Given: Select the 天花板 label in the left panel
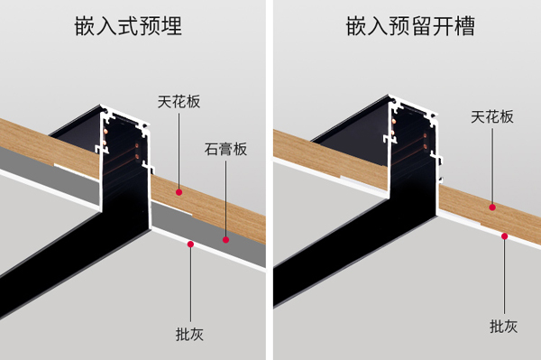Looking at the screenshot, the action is coord(178,102).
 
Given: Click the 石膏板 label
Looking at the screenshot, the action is coord(225,148).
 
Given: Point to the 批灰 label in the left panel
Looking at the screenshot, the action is coord(189,334).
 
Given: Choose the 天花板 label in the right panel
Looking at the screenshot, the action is coord(492,116).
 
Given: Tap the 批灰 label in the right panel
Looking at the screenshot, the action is coord(504,326).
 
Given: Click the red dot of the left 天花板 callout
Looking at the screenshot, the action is coord(179,191).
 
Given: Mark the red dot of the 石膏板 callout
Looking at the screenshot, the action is coord(225,240).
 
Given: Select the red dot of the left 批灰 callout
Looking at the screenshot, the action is coord(189,245).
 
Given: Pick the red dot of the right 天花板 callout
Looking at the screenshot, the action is coord(492,207).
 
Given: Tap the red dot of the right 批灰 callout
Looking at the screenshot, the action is coord(504,236).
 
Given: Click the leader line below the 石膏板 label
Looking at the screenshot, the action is coord(225,198).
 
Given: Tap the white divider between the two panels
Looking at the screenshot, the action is coord(270,180).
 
